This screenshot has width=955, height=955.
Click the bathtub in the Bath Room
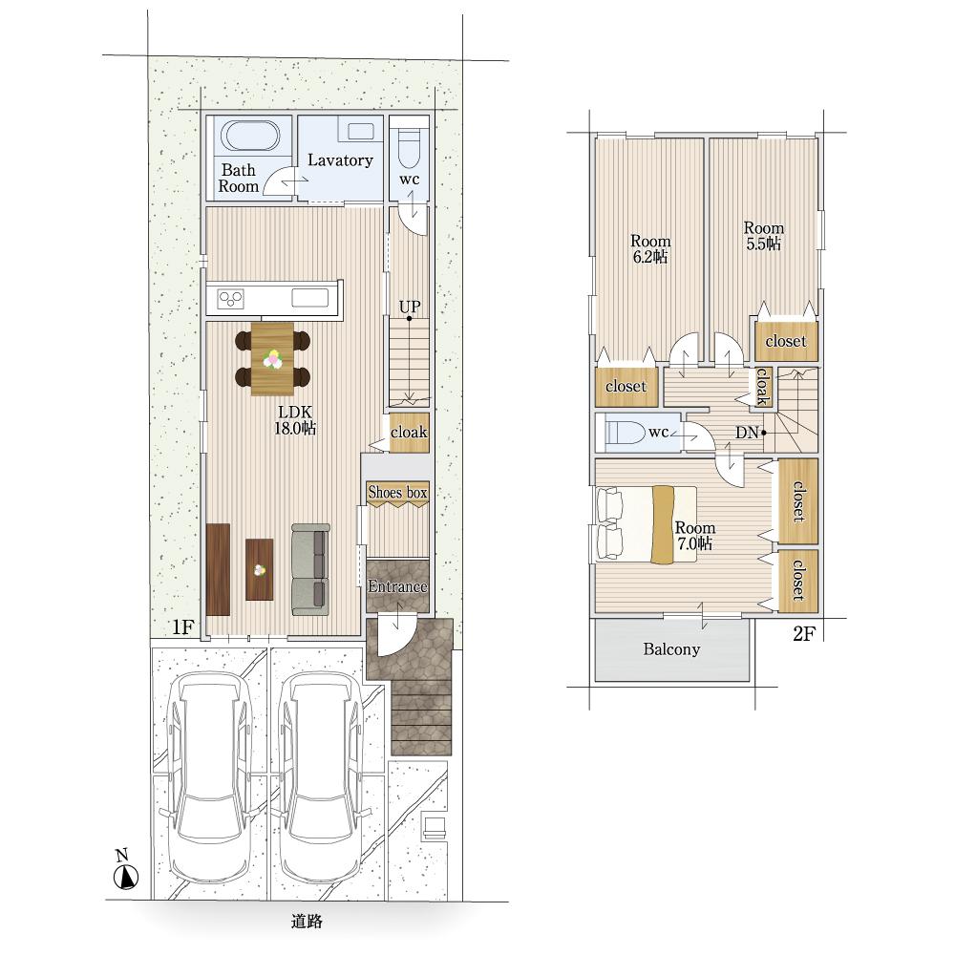click(x=250, y=136)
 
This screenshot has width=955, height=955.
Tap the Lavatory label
click(x=340, y=160)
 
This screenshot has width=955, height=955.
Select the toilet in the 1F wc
click(x=410, y=149)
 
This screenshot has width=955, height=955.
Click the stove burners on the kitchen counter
click(x=231, y=298)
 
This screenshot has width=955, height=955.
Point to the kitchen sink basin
click(x=310, y=298)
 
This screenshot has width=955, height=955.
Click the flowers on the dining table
click(x=272, y=359)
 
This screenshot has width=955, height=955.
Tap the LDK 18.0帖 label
click(x=295, y=420)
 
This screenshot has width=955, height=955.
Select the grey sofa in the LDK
click(x=310, y=569)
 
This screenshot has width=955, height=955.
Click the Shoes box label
click(x=397, y=492)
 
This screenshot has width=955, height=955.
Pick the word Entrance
click(x=397, y=586)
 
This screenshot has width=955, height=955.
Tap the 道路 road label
click(x=307, y=922)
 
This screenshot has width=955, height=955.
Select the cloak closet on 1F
click(x=410, y=433)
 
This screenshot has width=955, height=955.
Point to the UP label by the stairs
click(x=410, y=307)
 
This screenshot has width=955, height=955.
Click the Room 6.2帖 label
click(x=650, y=249)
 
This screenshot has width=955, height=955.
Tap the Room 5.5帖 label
click(x=764, y=236)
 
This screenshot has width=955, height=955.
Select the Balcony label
click(x=671, y=649)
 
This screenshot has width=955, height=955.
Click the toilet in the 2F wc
click(x=625, y=433)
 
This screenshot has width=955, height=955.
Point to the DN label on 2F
click(x=747, y=433)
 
